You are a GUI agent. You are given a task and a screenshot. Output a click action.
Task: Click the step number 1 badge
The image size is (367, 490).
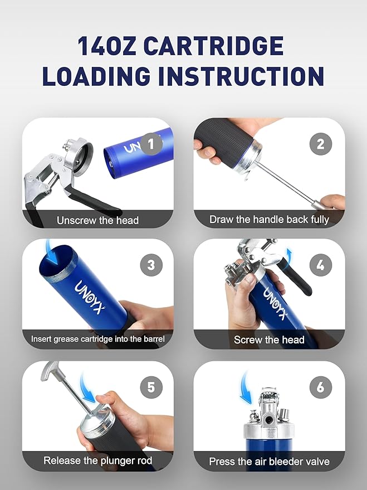[151, 144]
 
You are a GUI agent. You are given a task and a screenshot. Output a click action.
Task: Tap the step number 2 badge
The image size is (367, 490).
[321, 144]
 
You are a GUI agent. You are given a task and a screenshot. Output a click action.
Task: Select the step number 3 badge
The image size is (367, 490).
[151, 265]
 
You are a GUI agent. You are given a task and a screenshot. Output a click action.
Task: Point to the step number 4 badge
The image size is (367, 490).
[321, 265]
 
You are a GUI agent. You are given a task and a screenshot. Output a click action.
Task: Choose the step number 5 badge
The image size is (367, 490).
[151, 387]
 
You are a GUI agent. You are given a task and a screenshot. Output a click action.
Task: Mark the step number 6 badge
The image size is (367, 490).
[321, 387]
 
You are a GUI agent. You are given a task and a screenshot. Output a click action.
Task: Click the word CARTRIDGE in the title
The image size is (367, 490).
[214, 46]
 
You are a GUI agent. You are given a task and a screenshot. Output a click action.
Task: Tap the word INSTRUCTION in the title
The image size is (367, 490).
[242, 76]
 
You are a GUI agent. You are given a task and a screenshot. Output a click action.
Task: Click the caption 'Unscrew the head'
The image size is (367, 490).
[97, 220]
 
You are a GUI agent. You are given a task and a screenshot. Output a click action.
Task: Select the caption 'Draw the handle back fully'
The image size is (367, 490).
[269, 220]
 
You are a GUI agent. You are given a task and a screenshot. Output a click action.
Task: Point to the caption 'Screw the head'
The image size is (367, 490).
[269, 339]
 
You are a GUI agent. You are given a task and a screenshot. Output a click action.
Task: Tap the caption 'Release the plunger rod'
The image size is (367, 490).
[97, 460]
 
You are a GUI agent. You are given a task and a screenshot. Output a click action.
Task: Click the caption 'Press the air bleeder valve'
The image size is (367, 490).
[269, 461]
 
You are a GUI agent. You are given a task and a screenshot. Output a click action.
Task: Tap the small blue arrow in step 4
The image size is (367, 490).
[289, 254]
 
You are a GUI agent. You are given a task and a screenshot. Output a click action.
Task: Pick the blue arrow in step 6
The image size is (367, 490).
[245, 389]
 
